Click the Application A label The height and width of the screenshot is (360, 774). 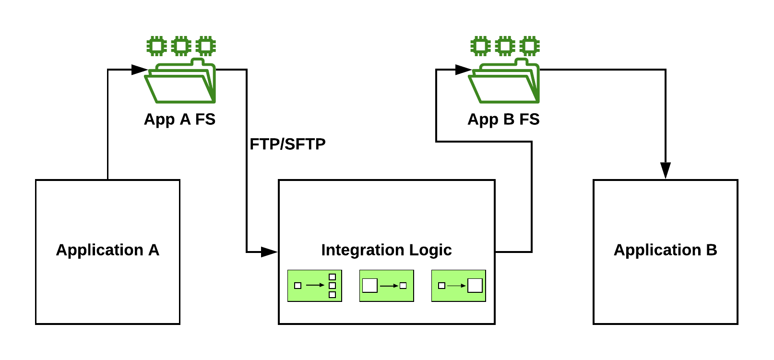107,250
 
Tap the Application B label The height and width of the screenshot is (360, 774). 665,250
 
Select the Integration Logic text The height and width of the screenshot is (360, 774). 386,250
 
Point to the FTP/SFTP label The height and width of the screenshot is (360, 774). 287,144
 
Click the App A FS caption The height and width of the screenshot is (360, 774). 179,119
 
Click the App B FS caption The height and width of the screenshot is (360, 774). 503,119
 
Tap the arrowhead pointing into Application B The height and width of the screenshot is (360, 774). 665,170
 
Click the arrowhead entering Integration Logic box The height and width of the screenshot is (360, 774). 269,252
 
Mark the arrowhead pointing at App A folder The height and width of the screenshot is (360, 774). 139,70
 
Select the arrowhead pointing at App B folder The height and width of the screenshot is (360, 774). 463,70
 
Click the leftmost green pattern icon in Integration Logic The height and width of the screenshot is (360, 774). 315,286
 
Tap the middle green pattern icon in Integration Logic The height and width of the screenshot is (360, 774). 387,286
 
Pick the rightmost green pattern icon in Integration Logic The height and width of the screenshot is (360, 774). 459,286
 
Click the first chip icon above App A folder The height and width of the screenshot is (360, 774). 156,46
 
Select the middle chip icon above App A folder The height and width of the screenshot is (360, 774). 181,46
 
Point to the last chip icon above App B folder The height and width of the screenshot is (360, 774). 529,46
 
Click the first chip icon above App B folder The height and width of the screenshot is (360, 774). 480,46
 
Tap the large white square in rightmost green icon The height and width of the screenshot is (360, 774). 475,286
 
